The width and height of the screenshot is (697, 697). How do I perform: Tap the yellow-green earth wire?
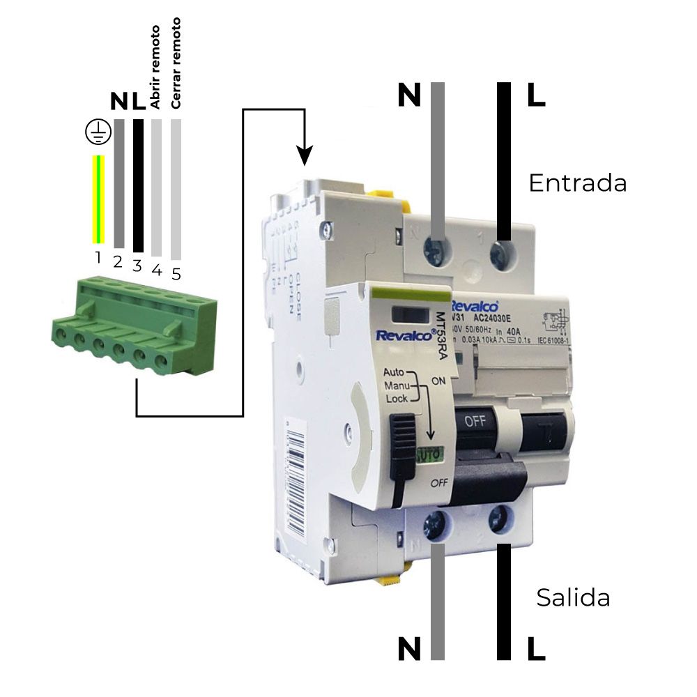tap(98, 199)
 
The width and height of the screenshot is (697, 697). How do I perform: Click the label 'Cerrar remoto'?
tap(176, 63)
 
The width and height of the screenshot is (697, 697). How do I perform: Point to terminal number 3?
tap(137, 266)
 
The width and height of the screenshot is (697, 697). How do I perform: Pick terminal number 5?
tap(176, 273)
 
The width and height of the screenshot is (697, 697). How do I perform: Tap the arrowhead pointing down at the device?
tap(304, 157)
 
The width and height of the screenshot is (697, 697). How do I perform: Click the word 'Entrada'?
tap(577, 183)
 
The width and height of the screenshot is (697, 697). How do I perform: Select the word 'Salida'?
tap(573, 597)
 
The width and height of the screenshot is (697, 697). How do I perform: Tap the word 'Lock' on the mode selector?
tap(396, 399)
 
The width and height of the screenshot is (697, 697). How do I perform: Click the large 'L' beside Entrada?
tap(535, 95)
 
